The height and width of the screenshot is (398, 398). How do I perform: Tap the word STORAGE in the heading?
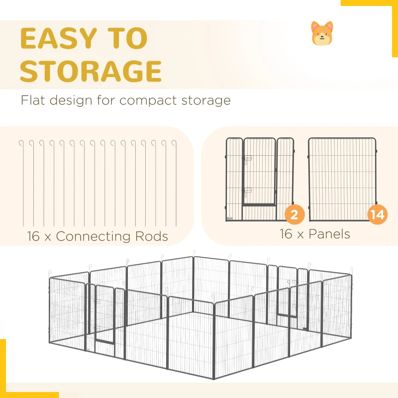(91, 71)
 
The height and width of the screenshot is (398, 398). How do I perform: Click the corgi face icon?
(322, 33)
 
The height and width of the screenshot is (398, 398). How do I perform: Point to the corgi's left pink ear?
(315, 26)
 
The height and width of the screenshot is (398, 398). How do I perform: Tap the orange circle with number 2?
(295, 214)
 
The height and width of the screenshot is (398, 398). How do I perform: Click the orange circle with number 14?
(378, 214)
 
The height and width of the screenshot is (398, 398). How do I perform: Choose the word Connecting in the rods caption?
(93, 237)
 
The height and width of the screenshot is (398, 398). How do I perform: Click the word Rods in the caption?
(152, 236)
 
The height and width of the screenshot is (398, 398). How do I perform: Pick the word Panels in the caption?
(329, 234)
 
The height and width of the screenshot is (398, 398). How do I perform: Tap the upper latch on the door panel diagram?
(247, 160)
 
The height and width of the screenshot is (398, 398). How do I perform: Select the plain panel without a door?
(342, 179)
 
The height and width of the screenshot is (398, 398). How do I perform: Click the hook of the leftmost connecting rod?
(21, 143)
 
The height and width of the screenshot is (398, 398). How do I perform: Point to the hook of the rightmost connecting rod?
(174, 143)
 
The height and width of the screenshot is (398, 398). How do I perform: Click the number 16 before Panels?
(286, 234)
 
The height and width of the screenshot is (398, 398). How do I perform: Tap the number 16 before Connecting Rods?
(33, 236)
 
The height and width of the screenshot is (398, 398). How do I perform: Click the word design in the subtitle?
(71, 101)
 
